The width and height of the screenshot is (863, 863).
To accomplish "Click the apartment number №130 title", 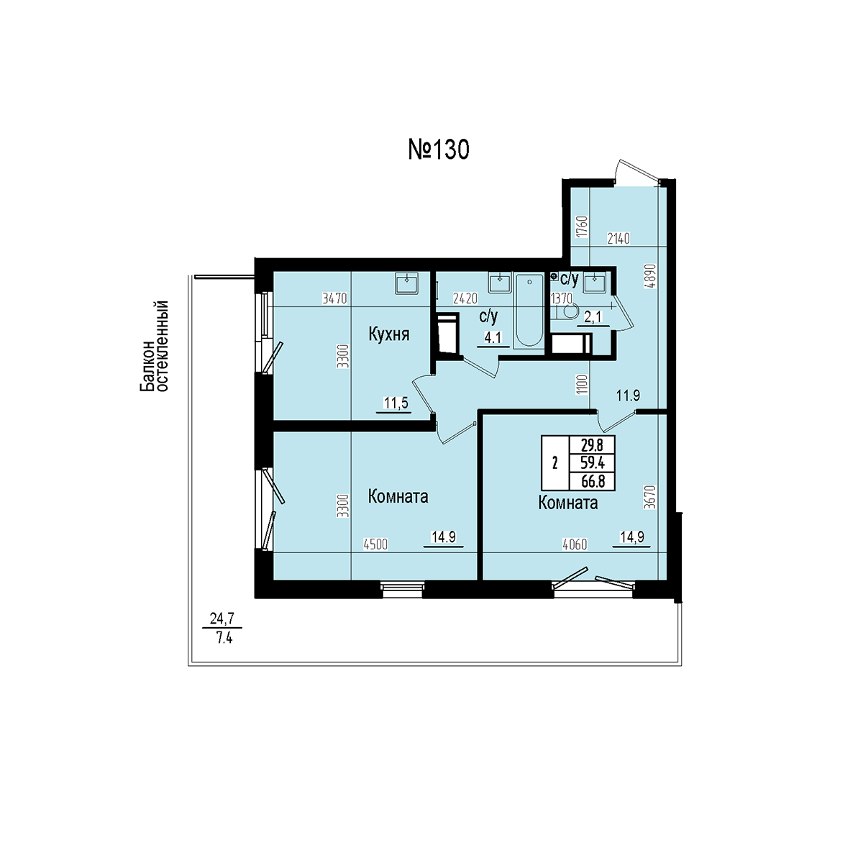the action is click(x=439, y=150).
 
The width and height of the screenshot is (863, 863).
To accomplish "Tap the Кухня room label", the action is click(x=389, y=334).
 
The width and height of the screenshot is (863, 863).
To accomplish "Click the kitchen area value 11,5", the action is click(x=396, y=403).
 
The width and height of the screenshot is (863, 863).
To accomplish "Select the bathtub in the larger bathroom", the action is click(x=529, y=311).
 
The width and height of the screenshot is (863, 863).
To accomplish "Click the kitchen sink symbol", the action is click(x=406, y=283).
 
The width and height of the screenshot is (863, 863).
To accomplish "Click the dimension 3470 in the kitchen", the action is click(x=335, y=298).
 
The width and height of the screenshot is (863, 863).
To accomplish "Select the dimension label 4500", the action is click(x=375, y=544).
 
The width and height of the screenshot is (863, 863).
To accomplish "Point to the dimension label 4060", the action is click(x=575, y=544).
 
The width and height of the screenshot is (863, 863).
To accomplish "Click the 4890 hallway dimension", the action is click(x=652, y=276).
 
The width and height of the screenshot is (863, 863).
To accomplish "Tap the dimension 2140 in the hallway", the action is click(x=618, y=239).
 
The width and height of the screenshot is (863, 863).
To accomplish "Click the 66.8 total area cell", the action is click(x=593, y=481).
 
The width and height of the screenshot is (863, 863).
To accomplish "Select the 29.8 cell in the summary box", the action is click(x=592, y=446).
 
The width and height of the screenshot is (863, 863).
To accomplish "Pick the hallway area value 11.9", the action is click(x=628, y=396).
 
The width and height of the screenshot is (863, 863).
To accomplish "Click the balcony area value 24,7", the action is click(x=222, y=619).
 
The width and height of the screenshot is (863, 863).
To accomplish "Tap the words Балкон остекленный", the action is click(x=154, y=347).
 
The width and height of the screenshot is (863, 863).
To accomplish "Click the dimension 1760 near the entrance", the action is click(x=582, y=227).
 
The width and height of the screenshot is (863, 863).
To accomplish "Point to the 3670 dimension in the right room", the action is click(x=650, y=497).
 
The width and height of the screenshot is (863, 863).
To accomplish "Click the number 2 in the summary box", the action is click(x=555, y=463).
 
